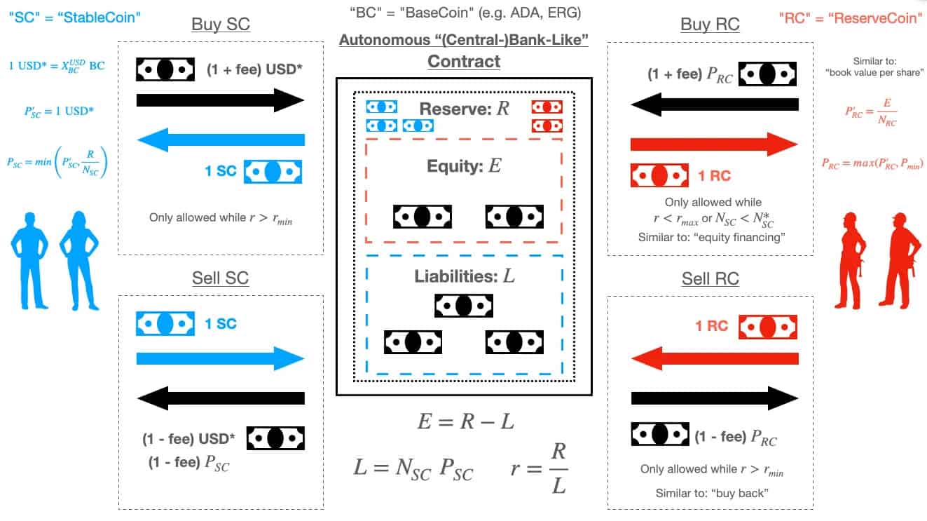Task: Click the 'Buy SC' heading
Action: click(220, 25)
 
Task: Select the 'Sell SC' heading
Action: click(220, 278)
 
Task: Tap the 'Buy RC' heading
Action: click(710, 25)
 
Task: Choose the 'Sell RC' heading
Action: click(710, 278)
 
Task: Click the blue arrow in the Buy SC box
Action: click(221, 140)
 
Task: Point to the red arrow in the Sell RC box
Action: click(715, 360)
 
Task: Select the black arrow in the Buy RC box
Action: click(715, 104)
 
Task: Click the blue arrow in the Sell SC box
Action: click(221, 360)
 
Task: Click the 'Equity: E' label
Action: click(464, 166)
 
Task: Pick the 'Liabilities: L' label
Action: click(464, 276)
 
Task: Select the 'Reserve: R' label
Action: click(465, 109)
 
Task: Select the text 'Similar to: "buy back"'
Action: click(712, 493)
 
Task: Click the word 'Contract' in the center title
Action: click(464, 61)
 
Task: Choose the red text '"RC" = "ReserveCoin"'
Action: click(851, 18)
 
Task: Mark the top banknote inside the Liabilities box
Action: click(464, 306)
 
